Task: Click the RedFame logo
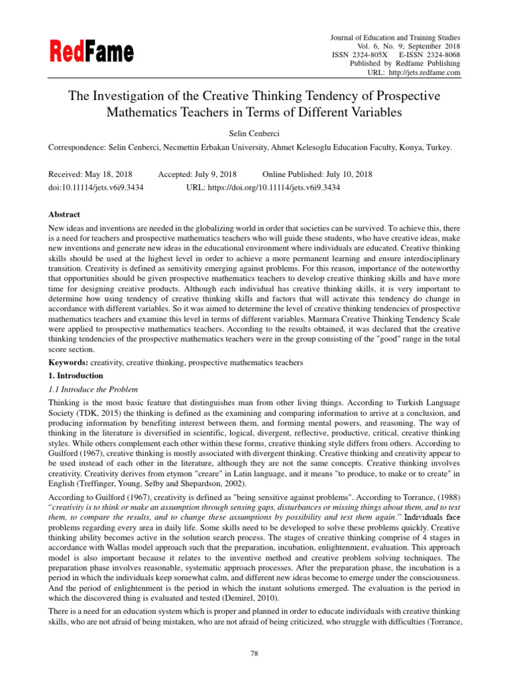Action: [x=91, y=51]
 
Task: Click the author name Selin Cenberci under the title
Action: [x=254, y=134]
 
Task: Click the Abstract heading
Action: [x=64, y=215]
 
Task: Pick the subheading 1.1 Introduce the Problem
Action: [x=93, y=389]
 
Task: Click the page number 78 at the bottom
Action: [x=254, y=654]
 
